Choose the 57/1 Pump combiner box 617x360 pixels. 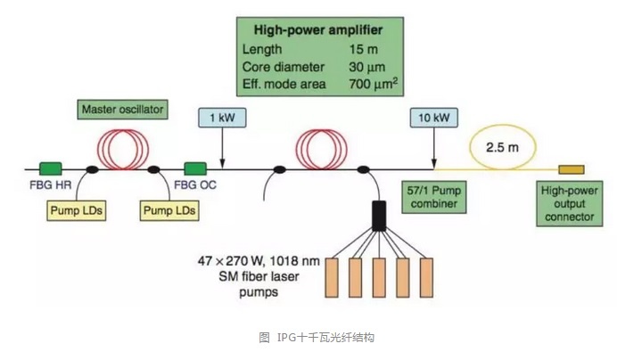click(431, 199)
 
